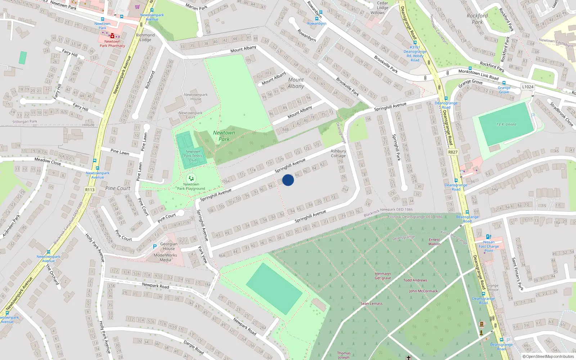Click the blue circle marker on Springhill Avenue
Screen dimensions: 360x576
click(288, 180)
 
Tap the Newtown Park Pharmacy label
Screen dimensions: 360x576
click(112, 44)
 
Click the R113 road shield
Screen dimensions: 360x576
click(90, 190)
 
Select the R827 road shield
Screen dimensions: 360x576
click(453, 152)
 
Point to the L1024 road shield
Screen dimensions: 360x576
click(528, 87)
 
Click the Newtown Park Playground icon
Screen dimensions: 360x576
click(191, 178)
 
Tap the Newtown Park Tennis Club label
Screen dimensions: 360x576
click(193, 156)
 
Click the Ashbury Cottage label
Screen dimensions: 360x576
click(338, 153)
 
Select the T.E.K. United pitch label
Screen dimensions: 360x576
click(506, 125)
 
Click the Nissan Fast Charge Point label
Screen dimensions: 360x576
click(489, 246)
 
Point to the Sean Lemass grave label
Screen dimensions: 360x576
click(372, 303)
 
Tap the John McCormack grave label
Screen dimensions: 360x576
click(423, 291)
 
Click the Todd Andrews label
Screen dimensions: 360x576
click(415, 280)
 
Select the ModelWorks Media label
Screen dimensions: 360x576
click(165, 257)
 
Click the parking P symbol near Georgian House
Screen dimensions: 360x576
click(155, 247)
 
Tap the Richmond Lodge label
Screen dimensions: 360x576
click(145, 37)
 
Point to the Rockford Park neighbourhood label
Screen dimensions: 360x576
click(477, 19)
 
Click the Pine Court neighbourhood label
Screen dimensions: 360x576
click(118, 188)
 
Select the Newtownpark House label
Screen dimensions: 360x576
click(196, 97)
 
